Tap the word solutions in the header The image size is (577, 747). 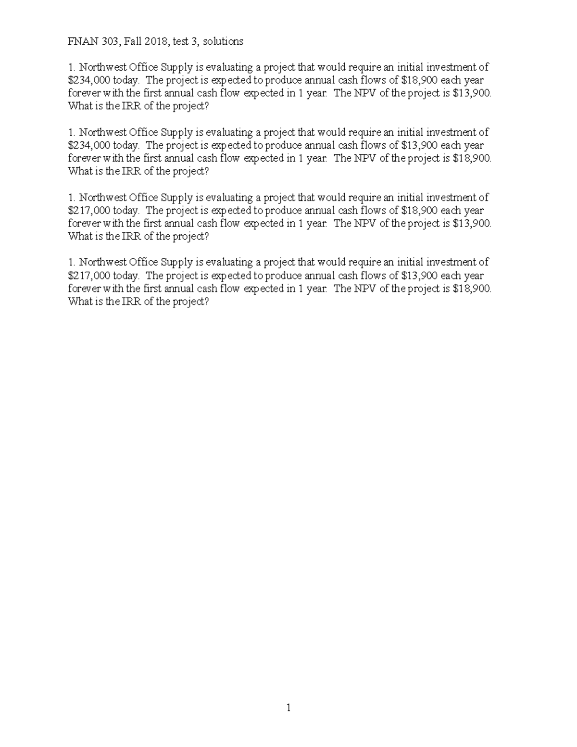click(x=223, y=41)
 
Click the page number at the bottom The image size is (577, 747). click(x=288, y=708)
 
